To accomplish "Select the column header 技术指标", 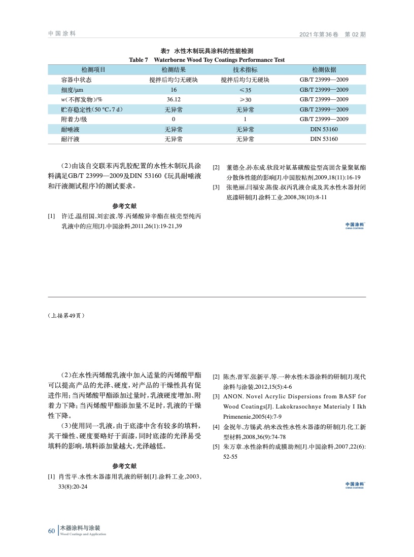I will click(x=245, y=70).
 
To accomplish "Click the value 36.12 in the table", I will click(x=174, y=99).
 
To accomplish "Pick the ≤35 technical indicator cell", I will click(x=245, y=90).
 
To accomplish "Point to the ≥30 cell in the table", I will click(x=245, y=99).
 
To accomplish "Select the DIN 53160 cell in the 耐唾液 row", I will click(x=324, y=129).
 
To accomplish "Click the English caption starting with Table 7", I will click(x=206, y=60).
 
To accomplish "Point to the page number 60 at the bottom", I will click(x=51, y=531).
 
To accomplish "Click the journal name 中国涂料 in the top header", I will click(x=62, y=33).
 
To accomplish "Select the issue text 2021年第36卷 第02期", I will click(x=332, y=34).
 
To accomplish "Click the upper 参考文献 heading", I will click(x=124, y=206).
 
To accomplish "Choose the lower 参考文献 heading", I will click(x=124, y=466).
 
